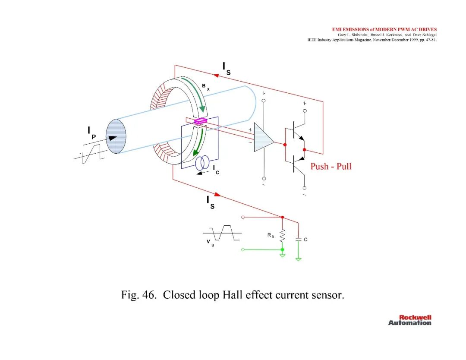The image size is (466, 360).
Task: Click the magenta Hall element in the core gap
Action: click(201, 121)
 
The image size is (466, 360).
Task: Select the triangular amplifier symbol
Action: click(264, 137)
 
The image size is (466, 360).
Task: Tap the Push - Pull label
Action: click(331, 166)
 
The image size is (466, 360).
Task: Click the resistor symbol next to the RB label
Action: click(282, 235)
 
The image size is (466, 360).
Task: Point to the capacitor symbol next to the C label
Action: click(299, 239)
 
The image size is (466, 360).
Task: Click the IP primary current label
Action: click(91, 133)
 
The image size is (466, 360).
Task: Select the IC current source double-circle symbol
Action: click(202, 163)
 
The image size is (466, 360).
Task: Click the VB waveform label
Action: click(210, 243)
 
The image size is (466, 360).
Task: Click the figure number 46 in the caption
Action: click(148, 295)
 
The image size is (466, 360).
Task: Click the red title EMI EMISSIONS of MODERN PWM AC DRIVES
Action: click(384, 29)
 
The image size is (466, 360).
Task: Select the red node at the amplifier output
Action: click(285, 145)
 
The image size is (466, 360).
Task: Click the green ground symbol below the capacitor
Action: click(299, 259)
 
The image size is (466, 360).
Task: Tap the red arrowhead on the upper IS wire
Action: click(216, 76)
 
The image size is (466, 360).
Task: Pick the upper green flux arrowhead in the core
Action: click(202, 108)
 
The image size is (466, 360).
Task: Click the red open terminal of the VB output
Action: click(243, 217)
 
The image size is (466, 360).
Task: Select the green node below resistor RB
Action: click(282, 249)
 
